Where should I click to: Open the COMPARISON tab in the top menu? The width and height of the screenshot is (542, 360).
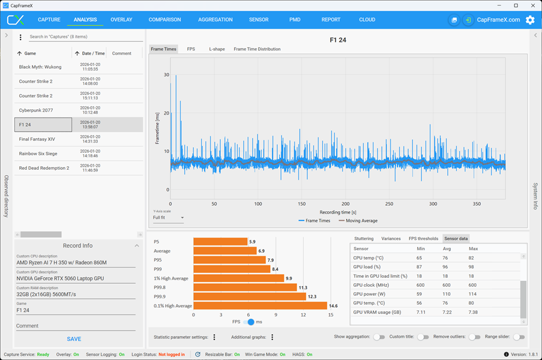[x=164, y=20]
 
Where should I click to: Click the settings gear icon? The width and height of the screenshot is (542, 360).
[x=530, y=20]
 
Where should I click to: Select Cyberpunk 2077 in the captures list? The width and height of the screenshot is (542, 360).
[x=36, y=110]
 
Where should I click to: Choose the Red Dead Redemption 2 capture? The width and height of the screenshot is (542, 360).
[x=44, y=168]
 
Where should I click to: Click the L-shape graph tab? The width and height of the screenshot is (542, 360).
[x=217, y=49]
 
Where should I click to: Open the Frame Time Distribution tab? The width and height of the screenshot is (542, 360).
[x=257, y=49]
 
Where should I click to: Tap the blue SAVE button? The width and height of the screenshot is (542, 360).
[x=74, y=339]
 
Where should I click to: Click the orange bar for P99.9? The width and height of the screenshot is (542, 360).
[x=250, y=296]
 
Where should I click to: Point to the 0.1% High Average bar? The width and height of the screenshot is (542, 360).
[x=260, y=306]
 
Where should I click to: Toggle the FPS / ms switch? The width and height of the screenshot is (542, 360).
[x=248, y=322]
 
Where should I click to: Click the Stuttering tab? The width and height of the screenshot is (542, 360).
[x=364, y=239]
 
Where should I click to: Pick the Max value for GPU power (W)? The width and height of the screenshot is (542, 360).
[x=472, y=294]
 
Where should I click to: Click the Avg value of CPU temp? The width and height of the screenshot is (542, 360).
[x=445, y=258]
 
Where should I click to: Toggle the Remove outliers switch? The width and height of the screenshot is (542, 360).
[x=474, y=337]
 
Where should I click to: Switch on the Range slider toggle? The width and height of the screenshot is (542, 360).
[x=519, y=337]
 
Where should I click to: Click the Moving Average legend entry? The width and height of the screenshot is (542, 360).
[x=358, y=221]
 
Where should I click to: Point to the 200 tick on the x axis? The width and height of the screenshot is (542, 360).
[x=345, y=204]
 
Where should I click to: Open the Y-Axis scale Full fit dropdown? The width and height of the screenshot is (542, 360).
[x=168, y=218]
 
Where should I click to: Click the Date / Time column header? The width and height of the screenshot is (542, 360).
[x=90, y=53]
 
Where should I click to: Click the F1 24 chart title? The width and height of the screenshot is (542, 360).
[x=338, y=40]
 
